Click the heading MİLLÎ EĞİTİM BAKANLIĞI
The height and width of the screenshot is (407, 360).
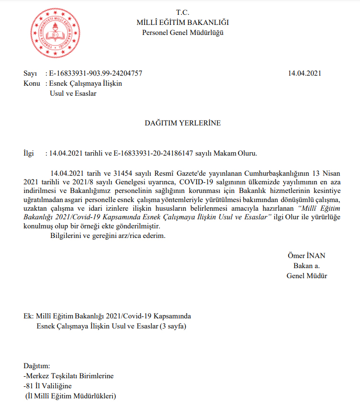coord(182,23)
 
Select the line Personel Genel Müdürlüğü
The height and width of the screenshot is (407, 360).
coord(182,33)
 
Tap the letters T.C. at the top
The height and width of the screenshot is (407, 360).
coord(182,12)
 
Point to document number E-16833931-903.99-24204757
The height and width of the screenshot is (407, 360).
coord(96,73)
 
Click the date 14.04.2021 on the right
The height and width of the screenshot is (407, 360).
coord(304,73)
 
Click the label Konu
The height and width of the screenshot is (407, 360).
coord(32,83)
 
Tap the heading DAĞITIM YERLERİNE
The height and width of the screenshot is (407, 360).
coord(182,123)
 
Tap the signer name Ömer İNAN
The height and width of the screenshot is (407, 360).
coord(306,255)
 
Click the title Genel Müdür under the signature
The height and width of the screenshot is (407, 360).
coord(307,275)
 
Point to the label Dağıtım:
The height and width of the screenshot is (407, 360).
coord(36,365)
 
